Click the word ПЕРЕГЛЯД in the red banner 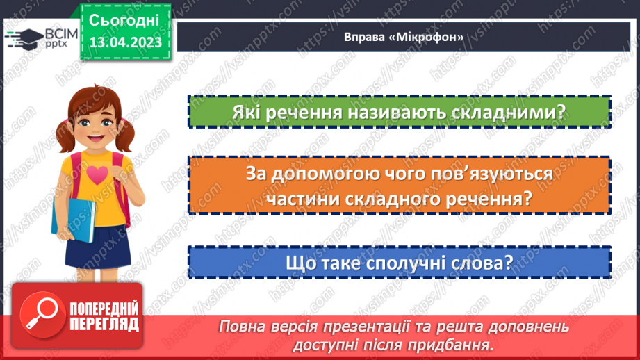pyautogui.click(x=105, y=324)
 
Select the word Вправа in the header pyautogui.click(x=361, y=38)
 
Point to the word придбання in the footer pyautogui.click(x=454, y=345)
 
